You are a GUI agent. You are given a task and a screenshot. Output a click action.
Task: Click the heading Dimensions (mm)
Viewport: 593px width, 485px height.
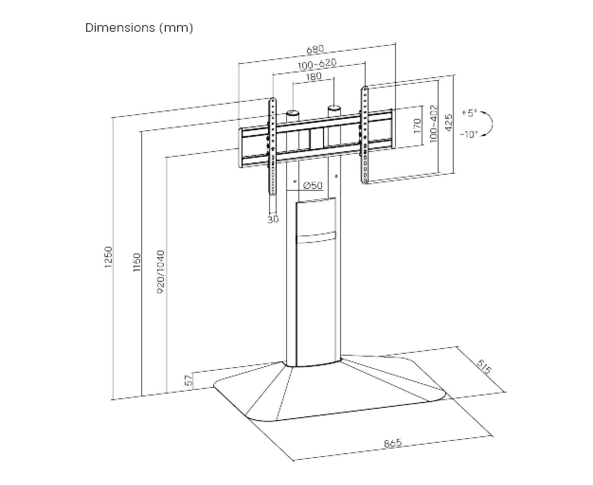click(139, 28)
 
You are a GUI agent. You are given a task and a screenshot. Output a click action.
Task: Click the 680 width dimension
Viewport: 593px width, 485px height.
click(315, 49)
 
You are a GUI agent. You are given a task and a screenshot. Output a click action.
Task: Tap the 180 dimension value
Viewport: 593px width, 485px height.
click(314, 76)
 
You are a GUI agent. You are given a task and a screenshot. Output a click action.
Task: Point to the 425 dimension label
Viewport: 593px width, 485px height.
click(449, 122)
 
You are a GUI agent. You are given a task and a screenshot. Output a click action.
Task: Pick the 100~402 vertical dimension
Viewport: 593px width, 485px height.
click(434, 124)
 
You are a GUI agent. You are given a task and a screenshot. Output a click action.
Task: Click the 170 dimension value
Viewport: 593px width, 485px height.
click(417, 126)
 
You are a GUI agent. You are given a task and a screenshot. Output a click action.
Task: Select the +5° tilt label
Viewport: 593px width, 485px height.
click(470, 113)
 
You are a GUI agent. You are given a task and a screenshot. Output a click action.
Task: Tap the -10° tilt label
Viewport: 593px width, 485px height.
click(469, 135)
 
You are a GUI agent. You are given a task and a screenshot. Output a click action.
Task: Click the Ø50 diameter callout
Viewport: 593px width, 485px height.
click(313, 186)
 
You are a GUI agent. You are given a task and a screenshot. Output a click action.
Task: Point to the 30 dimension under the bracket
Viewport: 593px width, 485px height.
click(273, 219)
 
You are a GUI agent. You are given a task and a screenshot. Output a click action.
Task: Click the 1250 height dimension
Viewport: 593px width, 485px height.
click(108, 257)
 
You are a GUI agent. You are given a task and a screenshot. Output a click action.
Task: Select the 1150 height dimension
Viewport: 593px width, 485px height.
click(137, 262)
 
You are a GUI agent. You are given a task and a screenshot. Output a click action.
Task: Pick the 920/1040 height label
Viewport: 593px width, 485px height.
click(160, 272)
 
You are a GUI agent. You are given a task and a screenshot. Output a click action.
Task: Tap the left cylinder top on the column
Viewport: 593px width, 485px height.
click(292, 114)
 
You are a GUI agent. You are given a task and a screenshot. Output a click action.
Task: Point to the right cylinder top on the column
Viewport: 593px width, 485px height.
click(334, 108)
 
